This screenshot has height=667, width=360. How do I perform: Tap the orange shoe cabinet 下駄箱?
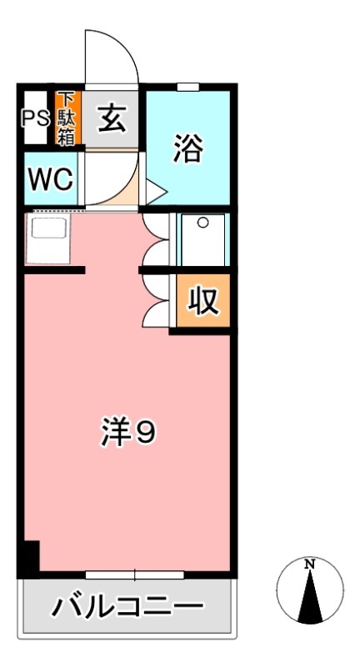click(x=67, y=118)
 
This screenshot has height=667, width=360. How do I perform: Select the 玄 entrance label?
click(x=112, y=119)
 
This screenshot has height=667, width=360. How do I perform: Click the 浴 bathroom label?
click(x=187, y=151)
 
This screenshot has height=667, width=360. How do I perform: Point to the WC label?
click(x=52, y=179)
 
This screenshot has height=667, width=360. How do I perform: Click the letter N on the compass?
click(x=310, y=565)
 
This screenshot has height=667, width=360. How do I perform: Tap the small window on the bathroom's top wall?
click(x=188, y=87)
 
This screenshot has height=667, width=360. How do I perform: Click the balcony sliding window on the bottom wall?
click(x=135, y=574)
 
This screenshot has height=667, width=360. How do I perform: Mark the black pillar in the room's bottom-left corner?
click(x=29, y=556)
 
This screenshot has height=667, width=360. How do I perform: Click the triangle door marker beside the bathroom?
click(x=157, y=192)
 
